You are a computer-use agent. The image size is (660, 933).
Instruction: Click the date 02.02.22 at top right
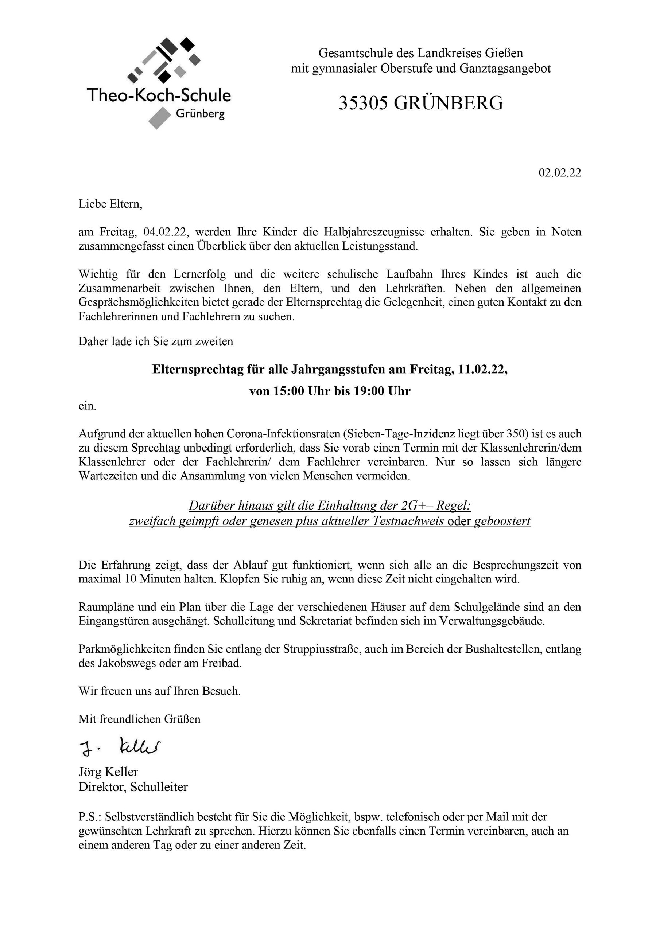tap(560, 173)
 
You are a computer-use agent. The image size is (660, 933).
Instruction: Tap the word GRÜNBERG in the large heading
tap(448, 103)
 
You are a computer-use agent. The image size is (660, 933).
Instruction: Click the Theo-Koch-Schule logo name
tap(159, 95)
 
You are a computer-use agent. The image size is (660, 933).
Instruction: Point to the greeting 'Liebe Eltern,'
tap(110, 204)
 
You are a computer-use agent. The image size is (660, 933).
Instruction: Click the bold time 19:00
tap(369, 391)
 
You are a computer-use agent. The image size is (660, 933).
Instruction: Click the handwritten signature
tap(120, 746)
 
